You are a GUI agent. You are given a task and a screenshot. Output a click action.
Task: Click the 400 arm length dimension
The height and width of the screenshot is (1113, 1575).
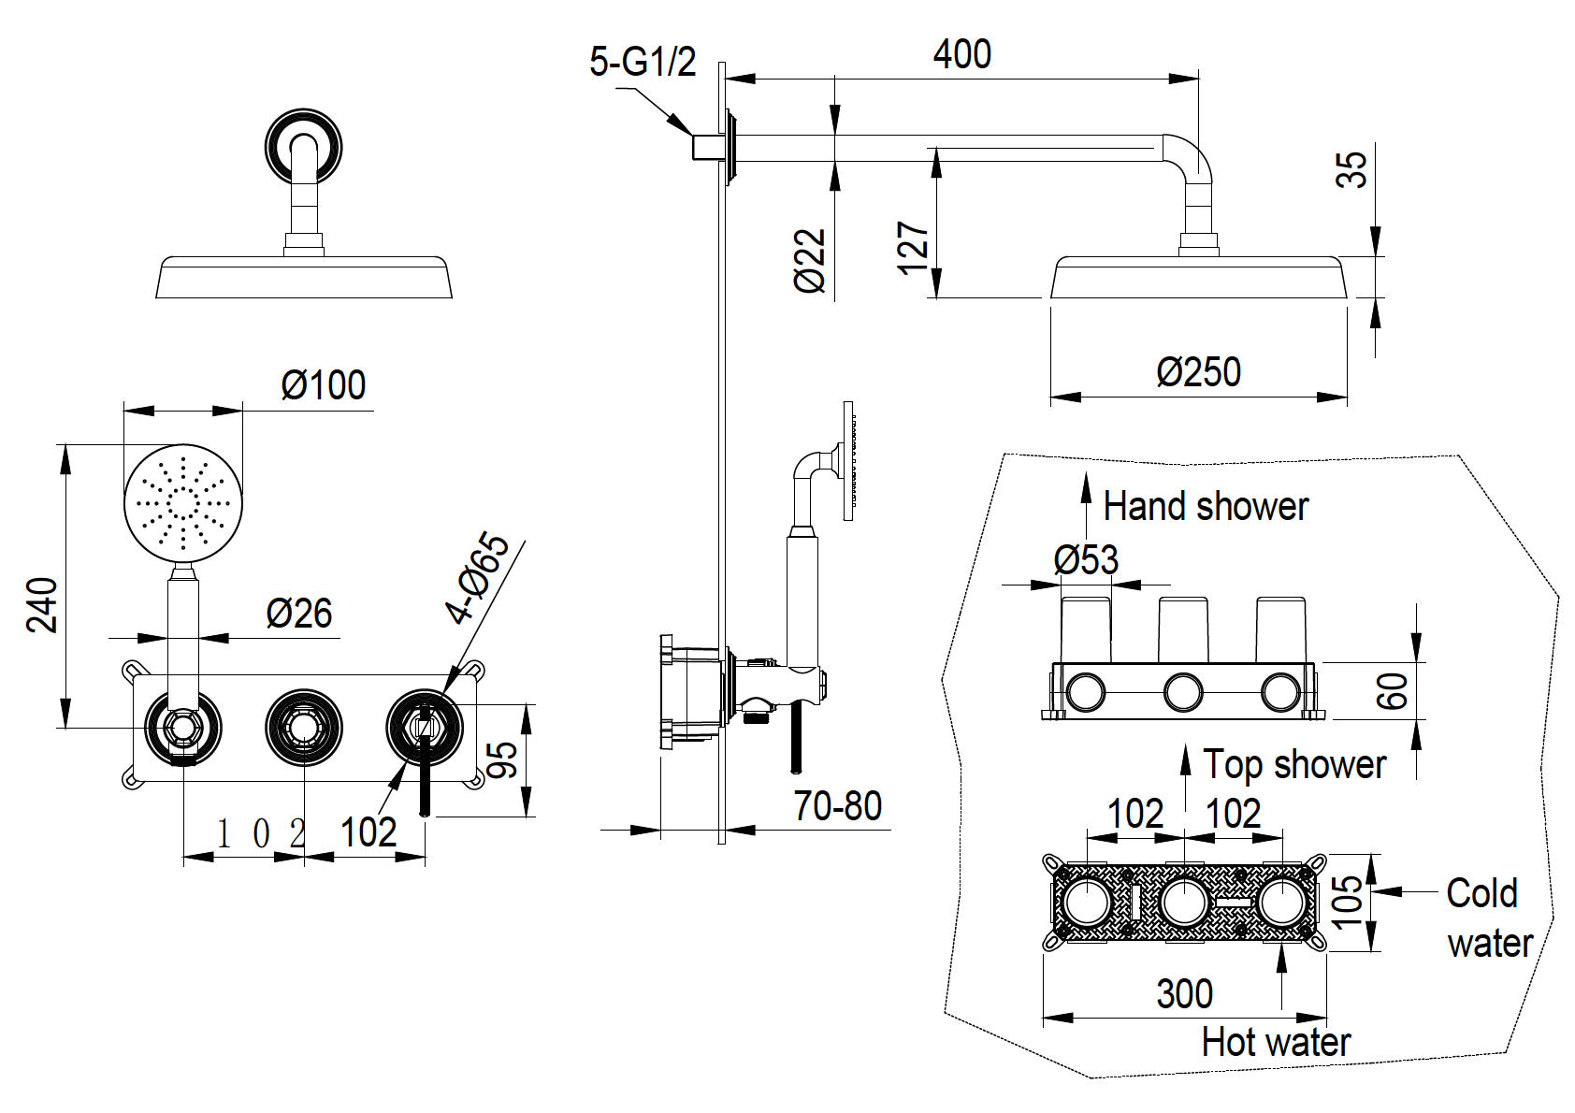click(961, 54)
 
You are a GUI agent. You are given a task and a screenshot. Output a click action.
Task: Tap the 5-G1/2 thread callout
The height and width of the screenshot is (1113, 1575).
click(643, 63)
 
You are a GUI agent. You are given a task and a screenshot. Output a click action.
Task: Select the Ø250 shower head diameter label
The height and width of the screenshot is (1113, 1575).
click(1198, 372)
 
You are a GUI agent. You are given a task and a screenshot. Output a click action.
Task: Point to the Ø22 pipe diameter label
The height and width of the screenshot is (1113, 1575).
click(811, 261)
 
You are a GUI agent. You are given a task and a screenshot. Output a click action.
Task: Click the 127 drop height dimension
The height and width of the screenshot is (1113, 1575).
click(914, 248)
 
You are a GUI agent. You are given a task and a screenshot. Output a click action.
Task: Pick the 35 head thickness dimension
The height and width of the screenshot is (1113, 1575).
click(1352, 168)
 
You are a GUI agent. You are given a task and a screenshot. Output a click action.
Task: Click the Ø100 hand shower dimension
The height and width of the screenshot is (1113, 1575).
click(324, 385)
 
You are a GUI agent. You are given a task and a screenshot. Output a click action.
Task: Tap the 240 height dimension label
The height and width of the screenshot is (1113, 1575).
click(43, 605)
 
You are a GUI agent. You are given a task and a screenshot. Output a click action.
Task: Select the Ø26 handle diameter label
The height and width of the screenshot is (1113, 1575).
click(299, 614)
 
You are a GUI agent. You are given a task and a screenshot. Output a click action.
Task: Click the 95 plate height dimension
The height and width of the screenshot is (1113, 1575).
click(503, 759)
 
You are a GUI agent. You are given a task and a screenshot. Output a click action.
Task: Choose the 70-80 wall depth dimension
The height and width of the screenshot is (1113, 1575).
click(837, 806)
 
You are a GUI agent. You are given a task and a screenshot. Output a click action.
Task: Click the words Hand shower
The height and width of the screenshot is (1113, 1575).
click(1205, 507)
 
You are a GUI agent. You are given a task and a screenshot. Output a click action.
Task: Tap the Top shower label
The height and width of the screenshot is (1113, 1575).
click(1293, 765)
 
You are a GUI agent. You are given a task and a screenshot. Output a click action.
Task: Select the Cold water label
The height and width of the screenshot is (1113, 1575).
click(1489, 918)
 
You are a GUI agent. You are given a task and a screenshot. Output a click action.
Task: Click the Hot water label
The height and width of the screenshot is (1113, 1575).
click(1276, 1042)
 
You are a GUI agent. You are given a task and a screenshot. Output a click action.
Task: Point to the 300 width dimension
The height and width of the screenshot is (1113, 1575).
click(1184, 993)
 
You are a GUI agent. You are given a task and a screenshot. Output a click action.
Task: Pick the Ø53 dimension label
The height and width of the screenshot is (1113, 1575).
click(1086, 560)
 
